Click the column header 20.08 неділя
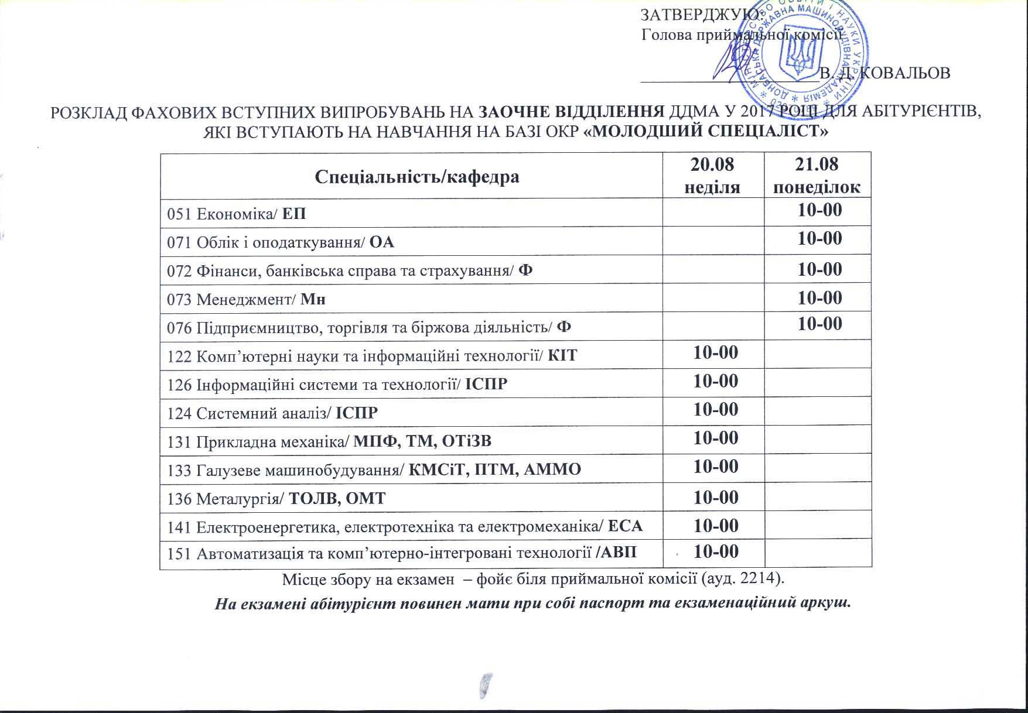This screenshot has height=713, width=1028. point(713,175)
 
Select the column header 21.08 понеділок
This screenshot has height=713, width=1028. point(817,175)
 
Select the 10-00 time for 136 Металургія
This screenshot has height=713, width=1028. point(716,497)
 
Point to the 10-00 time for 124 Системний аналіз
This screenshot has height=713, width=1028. point(716,409)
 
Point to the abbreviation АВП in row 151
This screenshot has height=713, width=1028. point(619,553)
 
